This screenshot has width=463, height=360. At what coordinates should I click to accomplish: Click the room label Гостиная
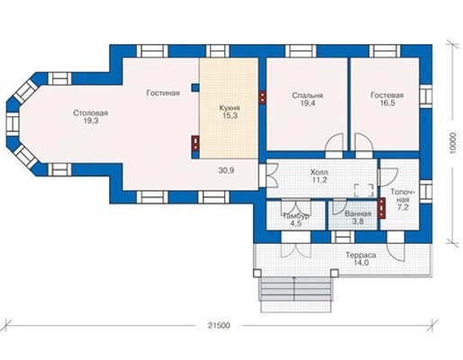[163, 93]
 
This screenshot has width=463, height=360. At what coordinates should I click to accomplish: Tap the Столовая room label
[90, 113]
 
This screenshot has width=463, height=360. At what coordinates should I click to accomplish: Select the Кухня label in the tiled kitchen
[230, 108]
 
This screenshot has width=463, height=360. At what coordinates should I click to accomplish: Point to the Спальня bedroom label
[307, 95]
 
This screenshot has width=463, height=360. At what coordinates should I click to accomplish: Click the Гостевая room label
[387, 95]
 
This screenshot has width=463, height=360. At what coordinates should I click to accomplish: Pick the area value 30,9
[226, 171]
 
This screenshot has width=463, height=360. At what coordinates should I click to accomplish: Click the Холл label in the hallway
[319, 173]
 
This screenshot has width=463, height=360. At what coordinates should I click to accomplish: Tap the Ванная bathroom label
[358, 214]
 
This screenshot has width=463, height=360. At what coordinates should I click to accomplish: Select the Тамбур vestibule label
[296, 216]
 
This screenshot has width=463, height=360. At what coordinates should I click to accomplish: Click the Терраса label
[360, 256]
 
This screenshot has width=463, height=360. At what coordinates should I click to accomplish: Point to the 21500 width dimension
[219, 326]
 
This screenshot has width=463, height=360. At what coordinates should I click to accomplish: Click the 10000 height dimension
[453, 143]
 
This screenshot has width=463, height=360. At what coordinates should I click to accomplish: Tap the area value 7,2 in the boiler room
[403, 207]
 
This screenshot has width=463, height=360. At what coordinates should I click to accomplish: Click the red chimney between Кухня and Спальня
[262, 97]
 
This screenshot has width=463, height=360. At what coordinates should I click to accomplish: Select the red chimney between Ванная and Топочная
[381, 208]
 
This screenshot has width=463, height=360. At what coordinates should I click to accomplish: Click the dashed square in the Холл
[364, 190]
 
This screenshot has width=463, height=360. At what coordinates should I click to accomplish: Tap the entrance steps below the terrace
[295, 294]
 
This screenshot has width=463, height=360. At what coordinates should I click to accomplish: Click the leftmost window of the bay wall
[13, 124]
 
